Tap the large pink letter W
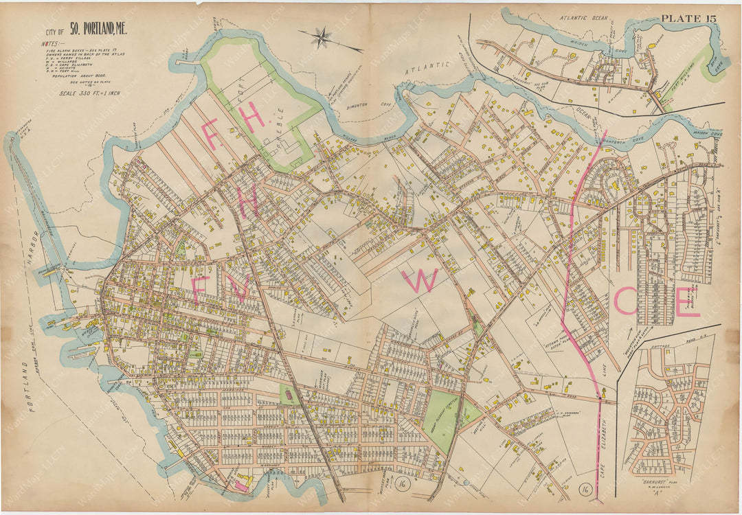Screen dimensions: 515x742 tap(420, 281)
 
